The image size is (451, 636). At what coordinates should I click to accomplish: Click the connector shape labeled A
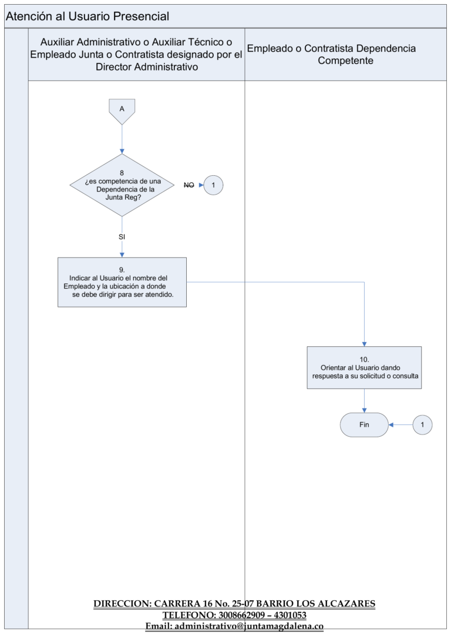tap(122, 111)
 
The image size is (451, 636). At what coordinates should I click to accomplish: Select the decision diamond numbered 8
tap(122, 185)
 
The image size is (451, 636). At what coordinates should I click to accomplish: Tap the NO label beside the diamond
tap(189, 185)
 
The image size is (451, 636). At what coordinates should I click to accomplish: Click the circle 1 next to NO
tap(213, 185)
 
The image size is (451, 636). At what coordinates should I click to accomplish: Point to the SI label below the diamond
tap(122, 237)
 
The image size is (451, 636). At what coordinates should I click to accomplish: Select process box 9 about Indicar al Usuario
tap(122, 282)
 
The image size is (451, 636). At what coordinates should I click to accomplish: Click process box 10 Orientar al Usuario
tap(364, 367)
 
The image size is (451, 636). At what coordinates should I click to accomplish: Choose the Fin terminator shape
tap(364, 424)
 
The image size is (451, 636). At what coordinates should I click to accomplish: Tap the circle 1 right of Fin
tap(422, 424)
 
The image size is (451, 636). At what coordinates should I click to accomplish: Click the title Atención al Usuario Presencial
tap(87, 16)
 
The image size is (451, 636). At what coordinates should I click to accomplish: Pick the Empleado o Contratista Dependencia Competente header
tap(331, 54)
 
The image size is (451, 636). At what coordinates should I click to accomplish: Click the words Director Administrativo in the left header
tap(147, 67)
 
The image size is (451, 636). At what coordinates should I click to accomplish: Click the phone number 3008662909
tap(241, 615)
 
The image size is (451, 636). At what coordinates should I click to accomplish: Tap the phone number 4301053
tap(290, 615)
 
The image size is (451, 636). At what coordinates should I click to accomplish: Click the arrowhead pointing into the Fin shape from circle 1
tap(391, 424)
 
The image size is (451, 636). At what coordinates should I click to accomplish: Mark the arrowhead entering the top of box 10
tap(364, 344)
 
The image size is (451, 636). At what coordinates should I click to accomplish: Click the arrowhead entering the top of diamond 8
tap(122, 151)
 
